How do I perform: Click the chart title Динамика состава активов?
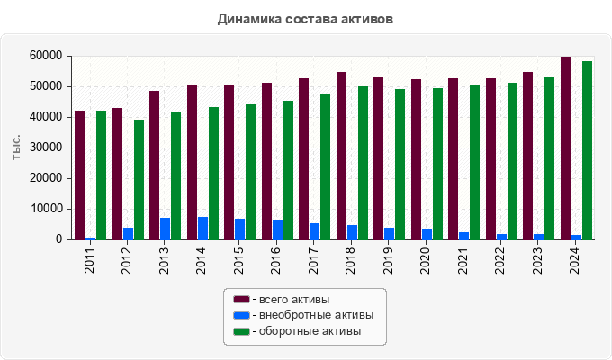(x=305, y=18)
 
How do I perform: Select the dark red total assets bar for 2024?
(x=566, y=148)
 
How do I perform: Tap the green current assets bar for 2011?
(x=101, y=175)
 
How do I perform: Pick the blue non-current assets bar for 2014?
(x=202, y=229)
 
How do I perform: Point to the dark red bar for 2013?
(x=155, y=165)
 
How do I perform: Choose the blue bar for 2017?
(x=315, y=231)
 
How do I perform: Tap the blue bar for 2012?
(x=128, y=234)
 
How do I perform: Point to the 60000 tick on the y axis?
(x=45, y=56)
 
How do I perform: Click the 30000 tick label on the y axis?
(x=45, y=148)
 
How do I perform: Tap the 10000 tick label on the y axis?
(x=45, y=209)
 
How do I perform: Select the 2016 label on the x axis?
(x=277, y=257)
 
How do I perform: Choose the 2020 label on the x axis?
(x=427, y=257)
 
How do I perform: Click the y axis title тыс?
(x=17, y=148)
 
